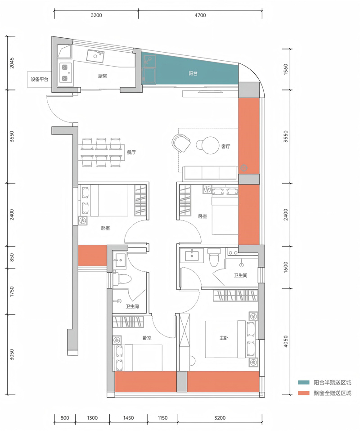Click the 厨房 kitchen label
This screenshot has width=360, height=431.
(102, 76)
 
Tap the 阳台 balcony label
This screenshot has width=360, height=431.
(193, 73)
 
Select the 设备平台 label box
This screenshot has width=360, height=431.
(39, 80)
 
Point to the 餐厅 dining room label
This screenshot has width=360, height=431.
(131, 152)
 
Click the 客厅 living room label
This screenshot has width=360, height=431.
(226, 146)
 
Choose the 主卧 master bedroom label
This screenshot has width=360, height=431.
(224, 338)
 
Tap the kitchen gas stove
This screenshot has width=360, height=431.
(65, 73)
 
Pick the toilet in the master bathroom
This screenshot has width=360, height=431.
(214, 257)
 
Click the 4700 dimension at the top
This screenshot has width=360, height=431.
(200, 15)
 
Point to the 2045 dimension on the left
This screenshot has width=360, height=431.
(12, 63)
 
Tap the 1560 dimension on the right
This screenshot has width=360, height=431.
(285, 69)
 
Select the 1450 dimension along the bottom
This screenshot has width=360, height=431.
(128, 418)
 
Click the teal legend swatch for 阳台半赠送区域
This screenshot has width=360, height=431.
(304, 382)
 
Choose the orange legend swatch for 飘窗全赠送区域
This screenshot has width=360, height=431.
(304, 393)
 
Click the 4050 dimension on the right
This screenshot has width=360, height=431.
(285, 341)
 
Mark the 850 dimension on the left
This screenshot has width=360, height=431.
(12, 257)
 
